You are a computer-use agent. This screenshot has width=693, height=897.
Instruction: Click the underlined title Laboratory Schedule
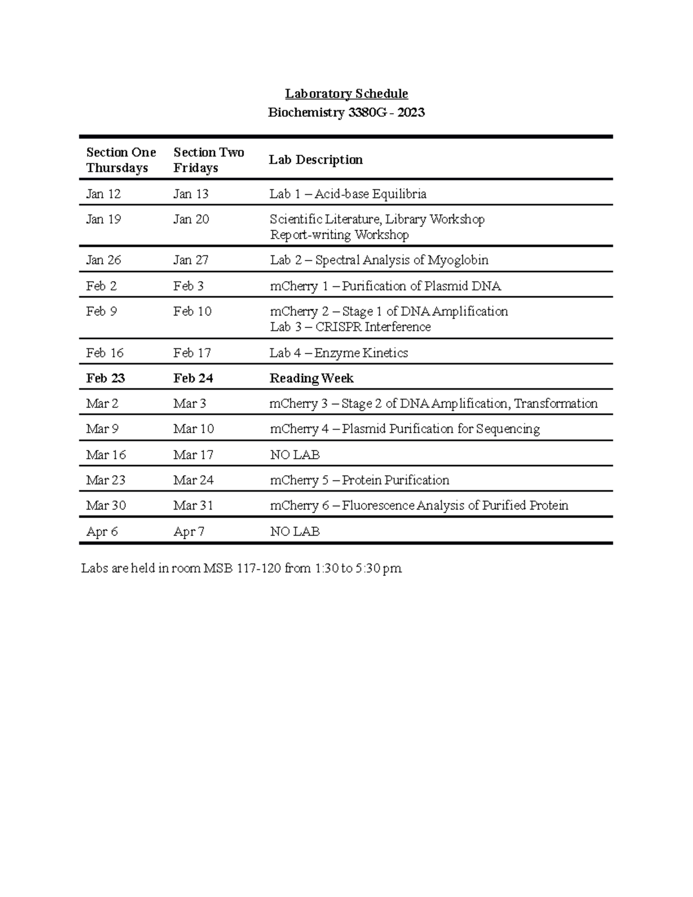[x=346, y=94]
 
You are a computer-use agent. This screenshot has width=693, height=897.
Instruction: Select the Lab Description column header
[x=315, y=160]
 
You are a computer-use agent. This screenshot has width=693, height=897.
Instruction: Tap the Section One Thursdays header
[x=121, y=160]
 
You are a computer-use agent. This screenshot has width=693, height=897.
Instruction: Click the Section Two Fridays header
[x=208, y=160]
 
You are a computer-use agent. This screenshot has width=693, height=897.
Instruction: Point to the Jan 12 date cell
[x=103, y=194]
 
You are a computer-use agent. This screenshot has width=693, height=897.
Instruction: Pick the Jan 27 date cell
[x=191, y=260]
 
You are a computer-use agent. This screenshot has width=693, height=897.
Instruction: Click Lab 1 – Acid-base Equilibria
[x=348, y=194]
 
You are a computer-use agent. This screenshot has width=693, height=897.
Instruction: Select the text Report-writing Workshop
[x=339, y=235]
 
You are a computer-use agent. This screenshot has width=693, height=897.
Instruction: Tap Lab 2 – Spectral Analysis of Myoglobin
[x=379, y=260]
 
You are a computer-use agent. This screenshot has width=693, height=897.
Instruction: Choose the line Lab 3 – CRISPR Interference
[x=350, y=327]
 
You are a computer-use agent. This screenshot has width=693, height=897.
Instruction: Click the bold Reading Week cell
[x=311, y=378]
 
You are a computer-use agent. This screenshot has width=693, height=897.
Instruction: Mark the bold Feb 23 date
[x=105, y=378]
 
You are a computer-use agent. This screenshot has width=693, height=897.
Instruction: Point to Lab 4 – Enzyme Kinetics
[x=338, y=353]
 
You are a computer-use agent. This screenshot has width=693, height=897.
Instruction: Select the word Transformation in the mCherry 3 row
[x=556, y=404]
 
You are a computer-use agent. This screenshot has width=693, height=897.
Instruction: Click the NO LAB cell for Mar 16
[x=295, y=455]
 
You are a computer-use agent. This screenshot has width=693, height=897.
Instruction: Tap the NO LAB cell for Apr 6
[x=295, y=531]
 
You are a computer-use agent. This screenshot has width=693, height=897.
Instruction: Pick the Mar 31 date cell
[x=193, y=506]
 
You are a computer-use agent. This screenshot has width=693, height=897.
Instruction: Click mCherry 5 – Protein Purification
[x=359, y=481]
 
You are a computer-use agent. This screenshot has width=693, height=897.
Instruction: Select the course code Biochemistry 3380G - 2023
[x=346, y=113]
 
